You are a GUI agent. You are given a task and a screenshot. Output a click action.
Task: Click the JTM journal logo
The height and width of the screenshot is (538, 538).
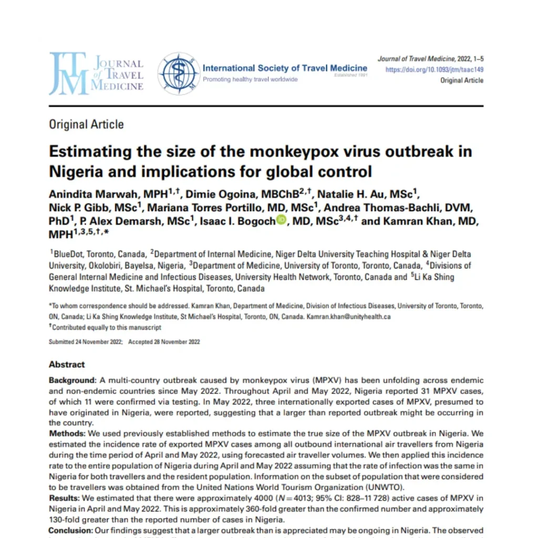click(x=96, y=74)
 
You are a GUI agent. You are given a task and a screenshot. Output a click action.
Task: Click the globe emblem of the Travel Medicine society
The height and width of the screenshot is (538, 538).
click(x=179, y=74)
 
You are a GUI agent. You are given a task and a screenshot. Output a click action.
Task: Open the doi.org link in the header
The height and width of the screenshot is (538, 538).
click(x=434, y=69)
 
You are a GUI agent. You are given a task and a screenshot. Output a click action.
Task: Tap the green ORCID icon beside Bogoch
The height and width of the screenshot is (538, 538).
click(x=281, y=221)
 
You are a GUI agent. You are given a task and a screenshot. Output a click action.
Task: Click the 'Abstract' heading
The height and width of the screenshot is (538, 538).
click(x=67, y=364)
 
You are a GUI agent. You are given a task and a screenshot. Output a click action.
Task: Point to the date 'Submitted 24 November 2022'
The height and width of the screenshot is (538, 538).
click(x=85, y=342)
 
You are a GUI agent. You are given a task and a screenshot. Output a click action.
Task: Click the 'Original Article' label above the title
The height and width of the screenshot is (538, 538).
click(x=86, y=125)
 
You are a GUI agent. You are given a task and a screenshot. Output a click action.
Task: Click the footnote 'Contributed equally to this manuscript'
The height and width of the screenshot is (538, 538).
click(x=107, y=327)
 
